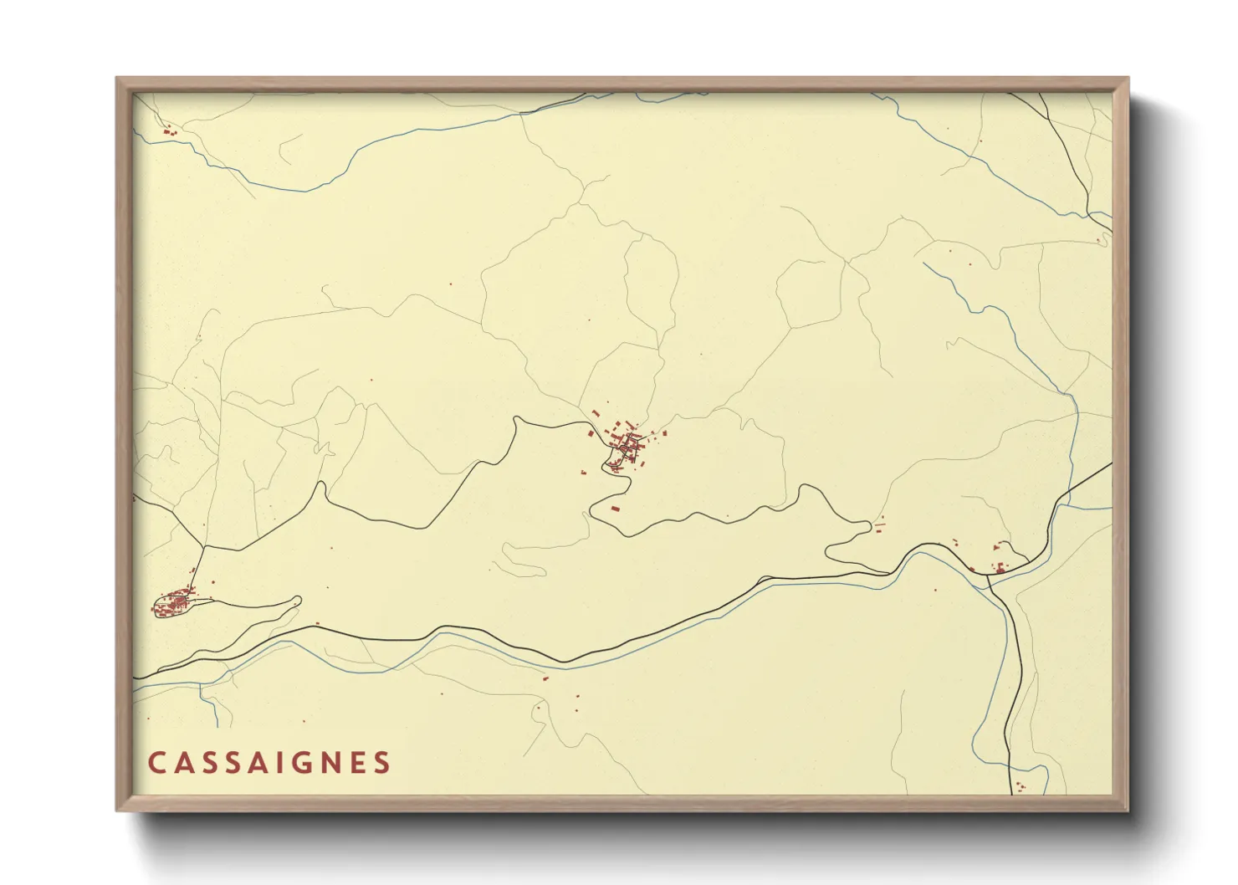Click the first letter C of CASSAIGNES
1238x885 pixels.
(x=156, y=763)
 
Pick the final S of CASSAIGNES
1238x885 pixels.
(x=382, y=763)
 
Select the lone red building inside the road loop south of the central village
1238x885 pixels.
(x=616, y=508)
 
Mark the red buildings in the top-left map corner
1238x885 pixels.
(x=169, y=130)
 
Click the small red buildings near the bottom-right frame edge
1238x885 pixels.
(x=1021, y=786)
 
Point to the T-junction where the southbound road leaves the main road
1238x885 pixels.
(x=988, y=576)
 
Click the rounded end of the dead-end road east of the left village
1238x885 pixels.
(x=297, y=600)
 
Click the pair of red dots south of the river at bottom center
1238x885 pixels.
(x=576, y=703)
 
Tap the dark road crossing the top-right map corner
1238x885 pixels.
(x=1071, y=151)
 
